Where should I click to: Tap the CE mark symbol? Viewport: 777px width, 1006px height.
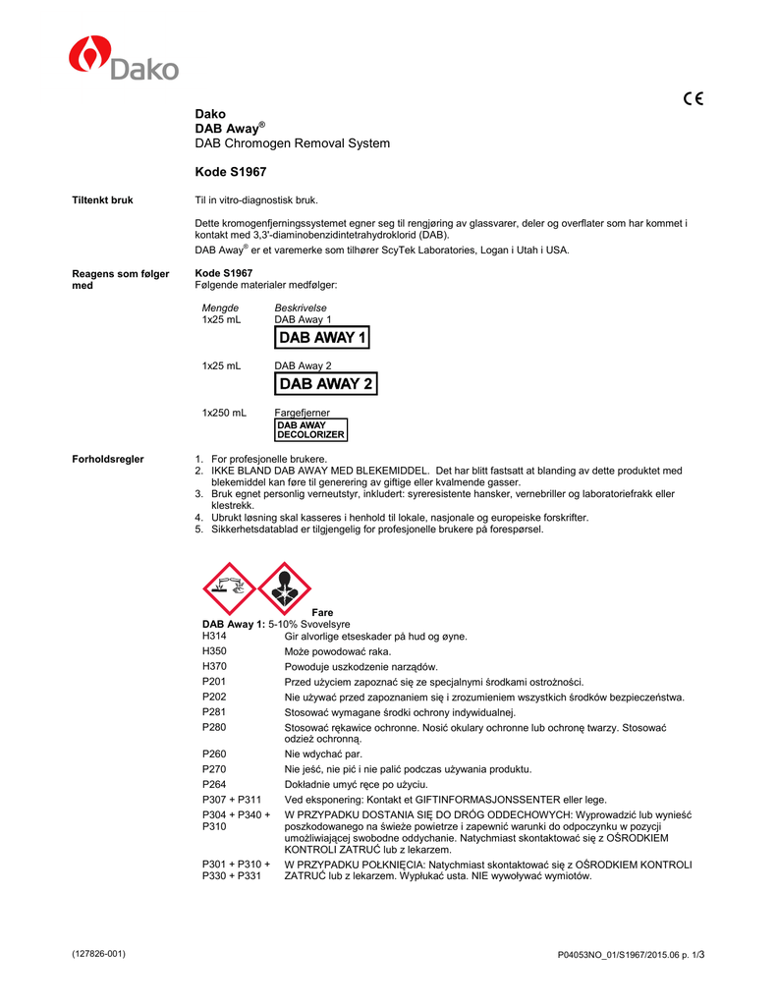(693, 98)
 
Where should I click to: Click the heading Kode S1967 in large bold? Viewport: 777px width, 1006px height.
(231, 172)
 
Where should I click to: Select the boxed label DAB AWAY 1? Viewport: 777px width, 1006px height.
(322, 338)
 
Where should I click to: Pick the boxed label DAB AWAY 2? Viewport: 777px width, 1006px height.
(326, 384)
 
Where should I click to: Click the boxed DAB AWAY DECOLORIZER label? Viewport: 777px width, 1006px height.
(310, 429)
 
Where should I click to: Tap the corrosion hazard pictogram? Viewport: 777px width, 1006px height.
(228, 588)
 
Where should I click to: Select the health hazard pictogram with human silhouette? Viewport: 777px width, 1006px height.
(284, 588)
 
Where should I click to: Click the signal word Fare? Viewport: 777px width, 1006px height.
(322, 612)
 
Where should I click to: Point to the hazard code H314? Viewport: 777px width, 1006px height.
(214, 637)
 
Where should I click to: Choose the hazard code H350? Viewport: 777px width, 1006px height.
(214, 651)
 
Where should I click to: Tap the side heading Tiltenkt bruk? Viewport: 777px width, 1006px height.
(103, 200)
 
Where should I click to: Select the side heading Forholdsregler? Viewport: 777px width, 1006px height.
(109, 459)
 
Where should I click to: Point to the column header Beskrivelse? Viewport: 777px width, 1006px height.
(301, 308)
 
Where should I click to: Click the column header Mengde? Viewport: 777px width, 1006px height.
(220, 308)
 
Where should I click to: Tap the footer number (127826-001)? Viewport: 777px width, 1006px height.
(99, 954)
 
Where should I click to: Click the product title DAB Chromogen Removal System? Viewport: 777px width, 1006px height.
(293, 143)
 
